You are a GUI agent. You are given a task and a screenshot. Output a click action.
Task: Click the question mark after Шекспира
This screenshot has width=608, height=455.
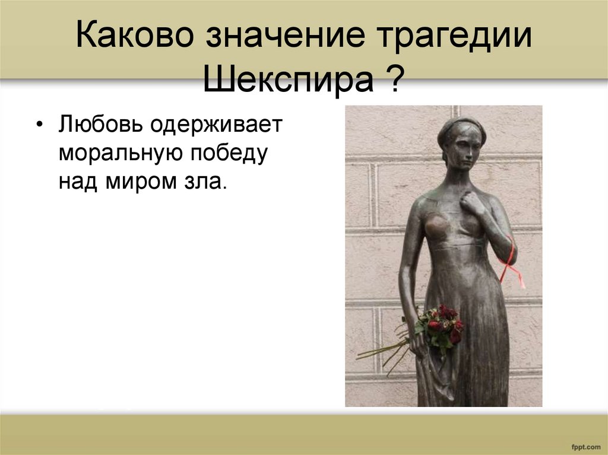pyautogui.click(x=389, y=81)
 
